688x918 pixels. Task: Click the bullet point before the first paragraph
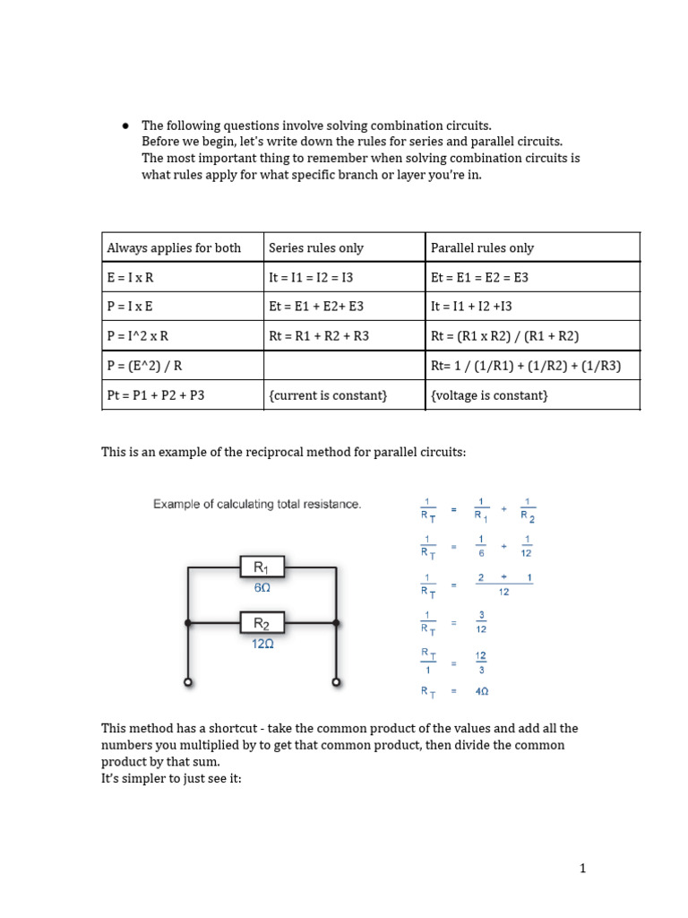(125, 126)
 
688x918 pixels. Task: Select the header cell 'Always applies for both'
(174, 247)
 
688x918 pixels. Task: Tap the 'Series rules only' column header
(316, 247)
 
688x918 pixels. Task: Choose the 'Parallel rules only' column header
(482, 247)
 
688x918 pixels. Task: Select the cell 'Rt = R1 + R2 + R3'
(319, 336)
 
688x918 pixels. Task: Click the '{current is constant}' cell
(328, 394)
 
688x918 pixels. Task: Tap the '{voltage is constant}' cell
(489, 394)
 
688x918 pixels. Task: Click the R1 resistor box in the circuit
(262, 567)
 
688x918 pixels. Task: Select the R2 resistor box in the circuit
(262, 623)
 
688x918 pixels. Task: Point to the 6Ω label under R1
(262, 588)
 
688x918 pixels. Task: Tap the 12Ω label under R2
(262, 644)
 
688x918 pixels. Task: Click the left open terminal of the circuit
(188, 682)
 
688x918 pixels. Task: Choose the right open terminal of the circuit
(336, 682)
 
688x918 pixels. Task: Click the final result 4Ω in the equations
(481, 691)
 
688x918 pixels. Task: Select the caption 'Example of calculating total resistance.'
(257, 505)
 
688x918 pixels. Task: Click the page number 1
(582, 868)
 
